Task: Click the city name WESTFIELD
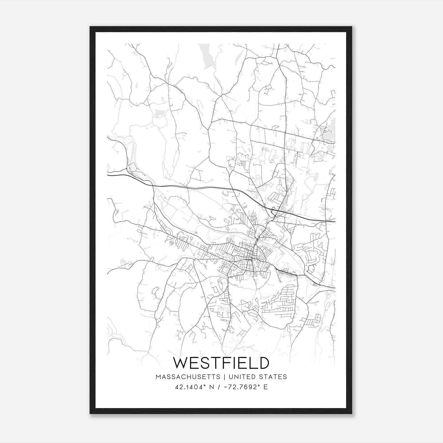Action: coord(221,363)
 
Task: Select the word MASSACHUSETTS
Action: coord(188,377)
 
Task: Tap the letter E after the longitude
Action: coord(266,387)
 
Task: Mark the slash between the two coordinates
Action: coord(220,387)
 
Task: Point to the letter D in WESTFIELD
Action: coord(263,363)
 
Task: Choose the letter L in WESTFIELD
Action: coord(251,363)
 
